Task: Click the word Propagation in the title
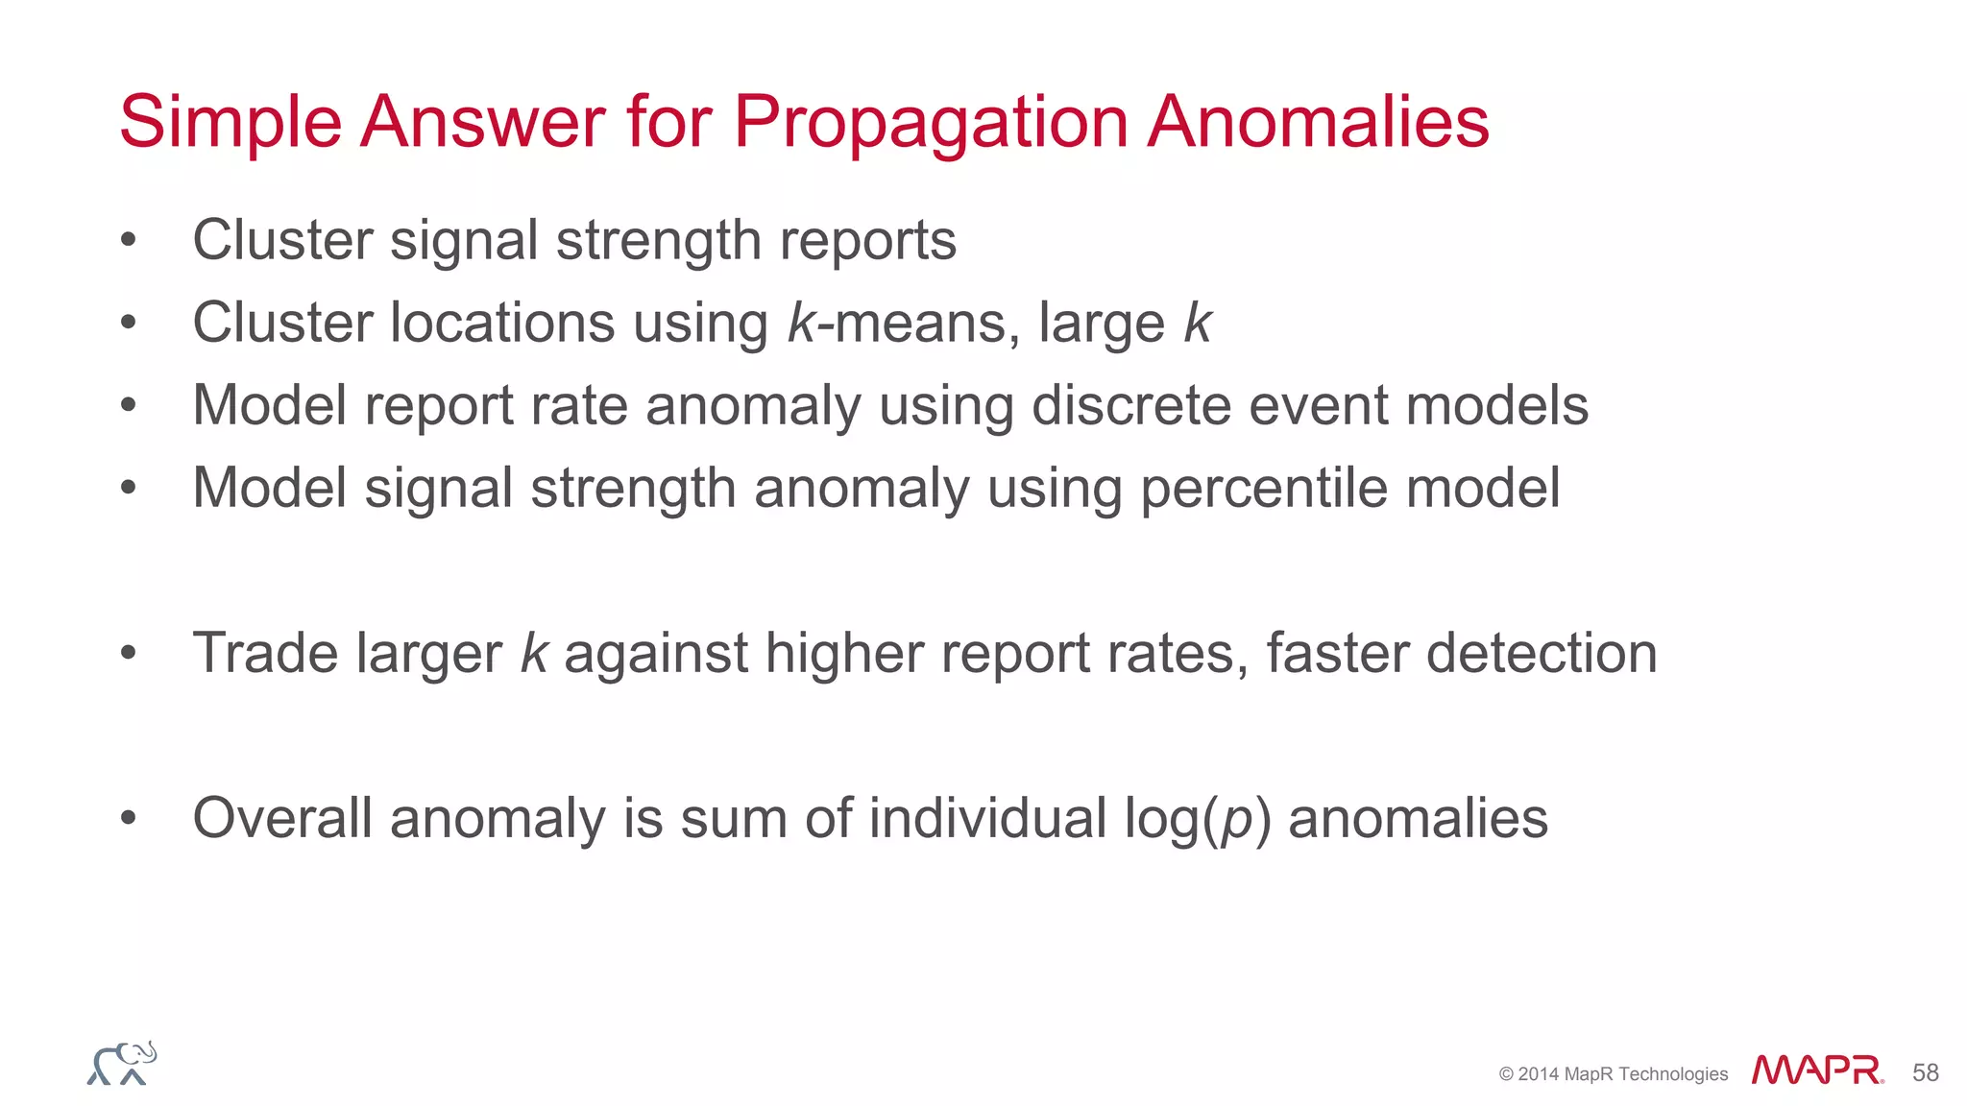930,123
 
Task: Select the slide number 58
1925,1072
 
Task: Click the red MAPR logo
1816,1070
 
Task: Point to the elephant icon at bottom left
122,1063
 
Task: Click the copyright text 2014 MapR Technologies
1614,1074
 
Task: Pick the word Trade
265,653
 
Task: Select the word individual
987,818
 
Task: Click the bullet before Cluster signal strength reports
129,240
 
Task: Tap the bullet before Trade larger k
129,654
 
